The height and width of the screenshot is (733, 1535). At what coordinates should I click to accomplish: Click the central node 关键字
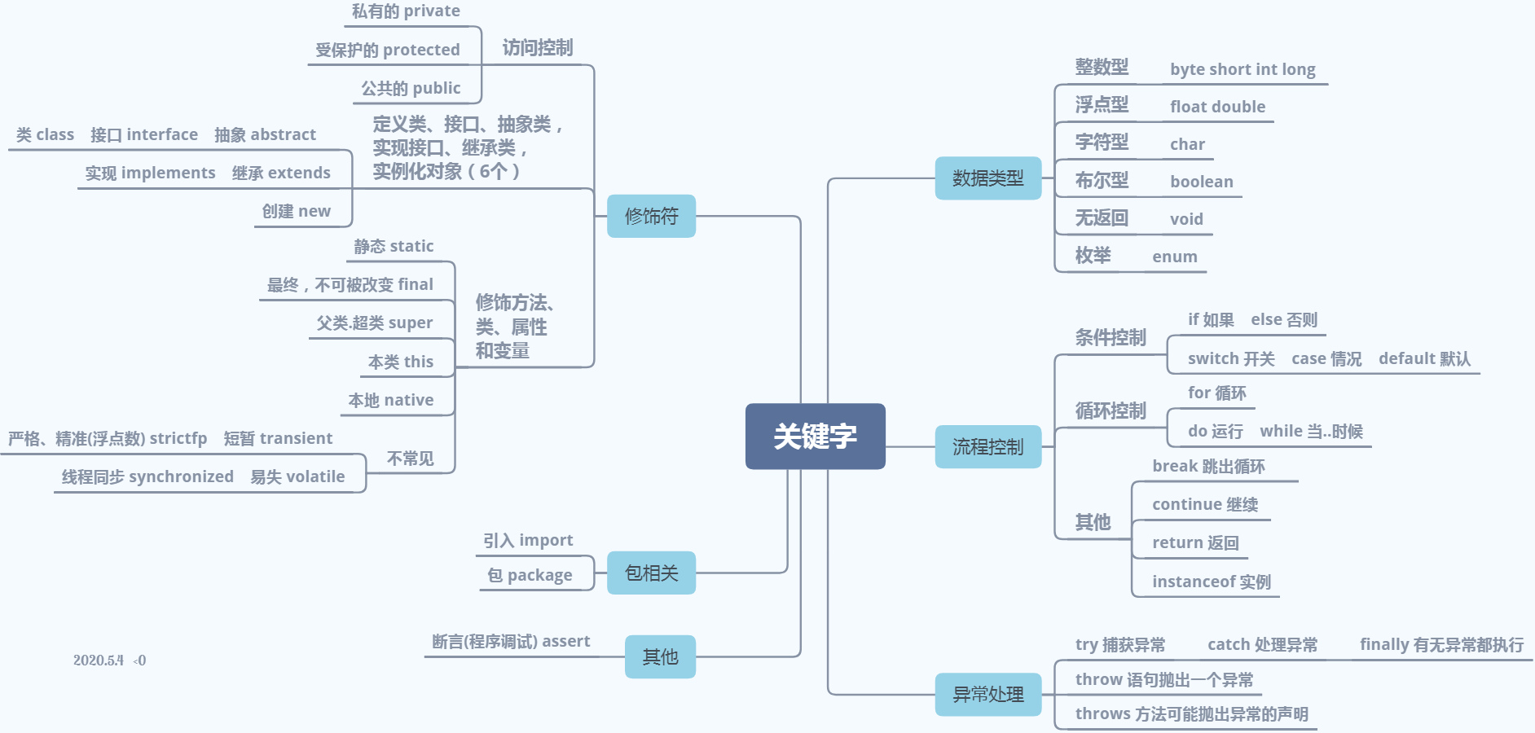tap(815, 437)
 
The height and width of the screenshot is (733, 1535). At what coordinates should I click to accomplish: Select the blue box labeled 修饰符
tap(651, 216)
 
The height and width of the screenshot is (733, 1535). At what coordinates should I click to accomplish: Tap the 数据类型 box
tap(987, 178)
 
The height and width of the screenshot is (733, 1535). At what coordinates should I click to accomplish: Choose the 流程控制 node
tap(987, 446)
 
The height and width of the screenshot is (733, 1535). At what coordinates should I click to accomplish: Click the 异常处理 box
tap(987, 694)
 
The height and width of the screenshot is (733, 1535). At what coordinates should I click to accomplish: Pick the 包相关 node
tap(651, 573)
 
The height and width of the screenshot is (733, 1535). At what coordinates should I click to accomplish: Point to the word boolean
tap(1201, 182)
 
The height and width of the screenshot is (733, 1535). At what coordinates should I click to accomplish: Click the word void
tap(1186, 219)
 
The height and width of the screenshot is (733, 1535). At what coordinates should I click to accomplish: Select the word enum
tap(1174, 257)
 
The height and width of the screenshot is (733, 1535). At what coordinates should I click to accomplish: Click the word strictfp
tap(178, 438)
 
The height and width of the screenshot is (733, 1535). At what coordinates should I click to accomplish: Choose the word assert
tap(565, 641)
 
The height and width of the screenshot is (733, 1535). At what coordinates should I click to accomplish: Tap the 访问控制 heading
tap(537, 48)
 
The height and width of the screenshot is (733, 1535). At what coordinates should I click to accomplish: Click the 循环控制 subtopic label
tap(1110, 410)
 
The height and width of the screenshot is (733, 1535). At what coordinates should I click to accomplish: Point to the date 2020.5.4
tap(98, 661)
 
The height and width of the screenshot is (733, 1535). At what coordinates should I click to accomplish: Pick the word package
tap(539, 576)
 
